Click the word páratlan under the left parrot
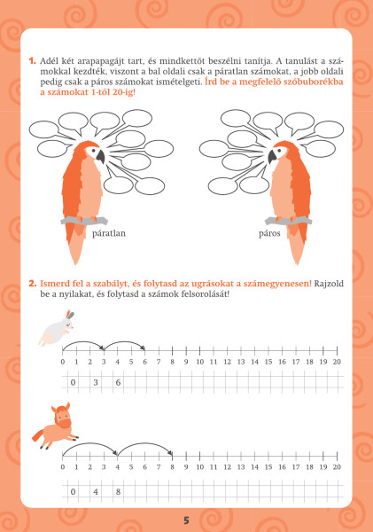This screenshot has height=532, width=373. pos(109,233)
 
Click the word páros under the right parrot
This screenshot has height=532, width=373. pos(269,233)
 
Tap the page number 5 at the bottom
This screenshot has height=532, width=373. pos(186,520)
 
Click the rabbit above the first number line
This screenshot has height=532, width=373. pos(57,327)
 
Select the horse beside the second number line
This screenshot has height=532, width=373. pos(54,426)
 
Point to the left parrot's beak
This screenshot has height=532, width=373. pos(100,157)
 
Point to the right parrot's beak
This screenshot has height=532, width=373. pos(273,157)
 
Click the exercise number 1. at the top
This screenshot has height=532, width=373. pos(32,61)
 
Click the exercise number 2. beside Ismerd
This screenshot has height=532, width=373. pos(33,284)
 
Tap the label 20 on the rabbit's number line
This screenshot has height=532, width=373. pos(337,362)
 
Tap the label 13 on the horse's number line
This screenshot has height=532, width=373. pos(241,467)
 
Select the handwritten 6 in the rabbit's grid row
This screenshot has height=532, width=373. pos(118,382)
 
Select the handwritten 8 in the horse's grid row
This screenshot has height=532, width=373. pos(118,491)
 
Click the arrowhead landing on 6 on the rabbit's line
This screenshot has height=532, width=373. pos(144,348)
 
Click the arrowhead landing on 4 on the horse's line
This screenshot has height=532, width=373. pos(115,453)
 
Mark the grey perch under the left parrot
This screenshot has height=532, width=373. pos(84,221)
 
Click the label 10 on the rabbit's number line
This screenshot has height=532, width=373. pos(199,362)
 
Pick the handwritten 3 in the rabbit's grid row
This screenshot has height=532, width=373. pos(96,382)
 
